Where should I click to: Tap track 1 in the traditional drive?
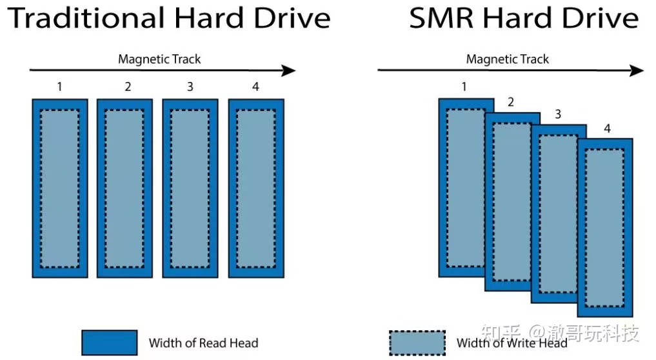(59, 188)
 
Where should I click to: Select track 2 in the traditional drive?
(125, 188)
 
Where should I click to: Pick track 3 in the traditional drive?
(190, 188)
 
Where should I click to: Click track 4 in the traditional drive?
(256, 188)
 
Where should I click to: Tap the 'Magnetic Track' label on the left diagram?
(159, 59)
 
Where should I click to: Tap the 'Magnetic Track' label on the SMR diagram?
(508, 59)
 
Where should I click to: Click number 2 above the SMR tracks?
(511, 101)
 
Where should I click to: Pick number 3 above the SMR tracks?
(558, 115)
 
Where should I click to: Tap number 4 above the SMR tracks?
(606, 128)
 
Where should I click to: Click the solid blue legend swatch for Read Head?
(109, 343)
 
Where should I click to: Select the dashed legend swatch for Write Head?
(417, 343)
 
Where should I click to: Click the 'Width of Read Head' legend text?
(203, 343)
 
